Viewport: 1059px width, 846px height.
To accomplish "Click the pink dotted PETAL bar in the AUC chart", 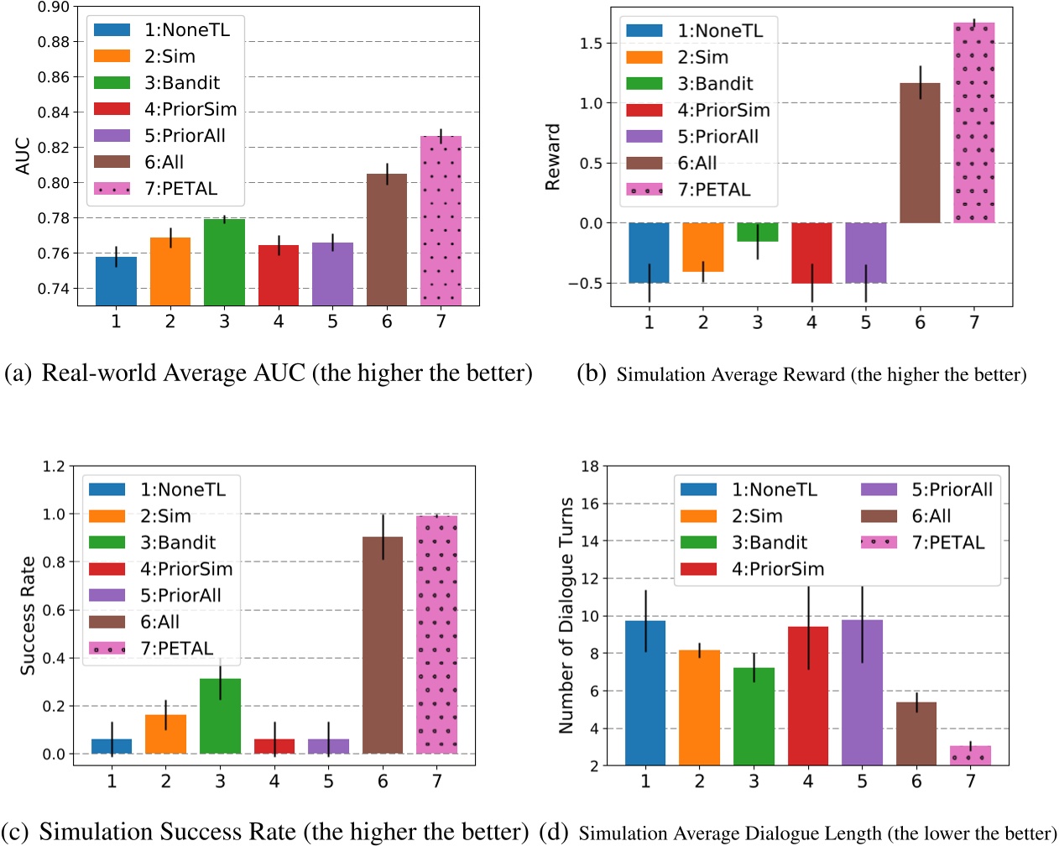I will pos(441,220).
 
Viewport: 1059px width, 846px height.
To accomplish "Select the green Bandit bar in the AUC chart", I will pos(224,261).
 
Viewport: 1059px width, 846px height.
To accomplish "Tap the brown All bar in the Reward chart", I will pos(920,153).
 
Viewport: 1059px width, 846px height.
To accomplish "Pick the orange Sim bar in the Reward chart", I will pos(702,247).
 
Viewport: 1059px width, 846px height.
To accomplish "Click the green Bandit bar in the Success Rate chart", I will pos(220,716).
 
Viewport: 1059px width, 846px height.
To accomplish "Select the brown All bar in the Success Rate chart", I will pos(383,645).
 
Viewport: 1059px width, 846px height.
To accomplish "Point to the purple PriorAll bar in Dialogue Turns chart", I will pos(862,692).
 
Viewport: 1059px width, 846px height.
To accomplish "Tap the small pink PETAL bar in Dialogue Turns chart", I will pos(970,755).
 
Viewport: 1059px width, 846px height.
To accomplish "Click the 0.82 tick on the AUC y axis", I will pos(54,148).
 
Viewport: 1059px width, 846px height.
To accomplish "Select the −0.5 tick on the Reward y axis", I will pos(584,284).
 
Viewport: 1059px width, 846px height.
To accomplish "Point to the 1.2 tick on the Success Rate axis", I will pos(54,467).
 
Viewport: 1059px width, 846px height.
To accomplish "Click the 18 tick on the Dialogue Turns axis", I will pos(590,467).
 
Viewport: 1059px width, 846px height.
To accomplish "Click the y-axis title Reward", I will pos(553,157).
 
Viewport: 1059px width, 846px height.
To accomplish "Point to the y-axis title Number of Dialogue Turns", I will pos(566,615).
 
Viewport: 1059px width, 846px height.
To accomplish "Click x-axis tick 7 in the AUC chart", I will pos(441,321).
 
